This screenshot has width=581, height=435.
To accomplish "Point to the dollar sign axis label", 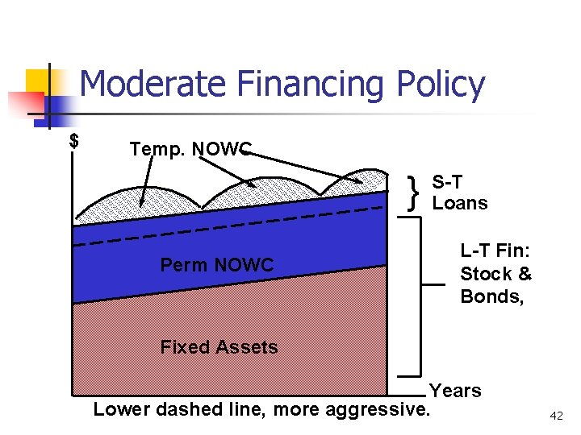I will pyautogui.click(x=74, y=141).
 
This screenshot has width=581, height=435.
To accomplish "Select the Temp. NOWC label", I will pyautogui.click(x=190, y=149).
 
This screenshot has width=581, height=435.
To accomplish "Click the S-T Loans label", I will pyautogui.click(x=460, y=193).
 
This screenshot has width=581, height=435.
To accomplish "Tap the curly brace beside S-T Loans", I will pyautogui.click(x=415, y=193).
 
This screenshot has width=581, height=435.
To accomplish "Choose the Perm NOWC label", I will pyautogui.click(x=216, y=265).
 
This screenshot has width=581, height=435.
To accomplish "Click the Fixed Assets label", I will pyautogui.click(x=219, y=347).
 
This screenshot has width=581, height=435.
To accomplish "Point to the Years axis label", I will pyautogui.click(x=455, y=391).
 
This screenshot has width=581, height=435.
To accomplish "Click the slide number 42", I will pyautogui.click(x=556, y=416).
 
